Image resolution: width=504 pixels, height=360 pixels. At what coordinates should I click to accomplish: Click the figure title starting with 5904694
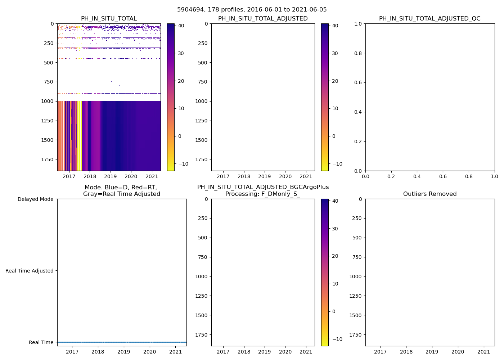[x=252, y=10]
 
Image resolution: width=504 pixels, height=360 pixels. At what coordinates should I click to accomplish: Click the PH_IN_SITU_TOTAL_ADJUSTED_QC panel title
[x=429, y=19]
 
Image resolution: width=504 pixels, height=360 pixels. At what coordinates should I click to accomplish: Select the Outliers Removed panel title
[x=429, y=194]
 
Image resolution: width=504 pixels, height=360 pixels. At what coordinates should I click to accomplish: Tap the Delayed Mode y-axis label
[x=35, y=199]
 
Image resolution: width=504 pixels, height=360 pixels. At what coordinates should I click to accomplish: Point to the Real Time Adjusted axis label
[x=29, y=271]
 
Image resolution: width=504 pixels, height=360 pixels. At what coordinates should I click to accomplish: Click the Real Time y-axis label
[x=41, y=342]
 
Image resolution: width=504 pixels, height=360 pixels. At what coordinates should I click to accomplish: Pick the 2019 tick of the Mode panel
[x=124, y=352]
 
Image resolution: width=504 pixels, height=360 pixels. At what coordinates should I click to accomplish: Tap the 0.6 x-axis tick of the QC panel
[x=443, y=176]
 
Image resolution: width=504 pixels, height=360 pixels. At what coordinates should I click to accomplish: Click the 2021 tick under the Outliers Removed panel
[x=483, y=352]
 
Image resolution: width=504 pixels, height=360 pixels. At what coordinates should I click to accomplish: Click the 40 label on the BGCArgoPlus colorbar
[x=335, y=201]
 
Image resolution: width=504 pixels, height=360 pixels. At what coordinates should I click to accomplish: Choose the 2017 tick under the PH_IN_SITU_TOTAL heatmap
[x=69, y=176]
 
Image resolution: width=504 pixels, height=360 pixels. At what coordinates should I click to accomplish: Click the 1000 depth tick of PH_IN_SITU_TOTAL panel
[x=47, y=101]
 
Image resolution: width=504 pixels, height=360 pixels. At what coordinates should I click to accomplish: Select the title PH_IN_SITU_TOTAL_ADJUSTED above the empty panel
[x=263, y=19]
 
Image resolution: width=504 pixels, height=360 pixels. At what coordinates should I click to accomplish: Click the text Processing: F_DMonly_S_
[x=263, y=194]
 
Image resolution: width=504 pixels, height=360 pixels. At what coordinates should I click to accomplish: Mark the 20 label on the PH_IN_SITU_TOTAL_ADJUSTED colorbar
[x=335, y=81]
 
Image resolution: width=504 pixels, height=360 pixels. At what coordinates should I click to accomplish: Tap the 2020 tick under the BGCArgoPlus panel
[x=285, y=352]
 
